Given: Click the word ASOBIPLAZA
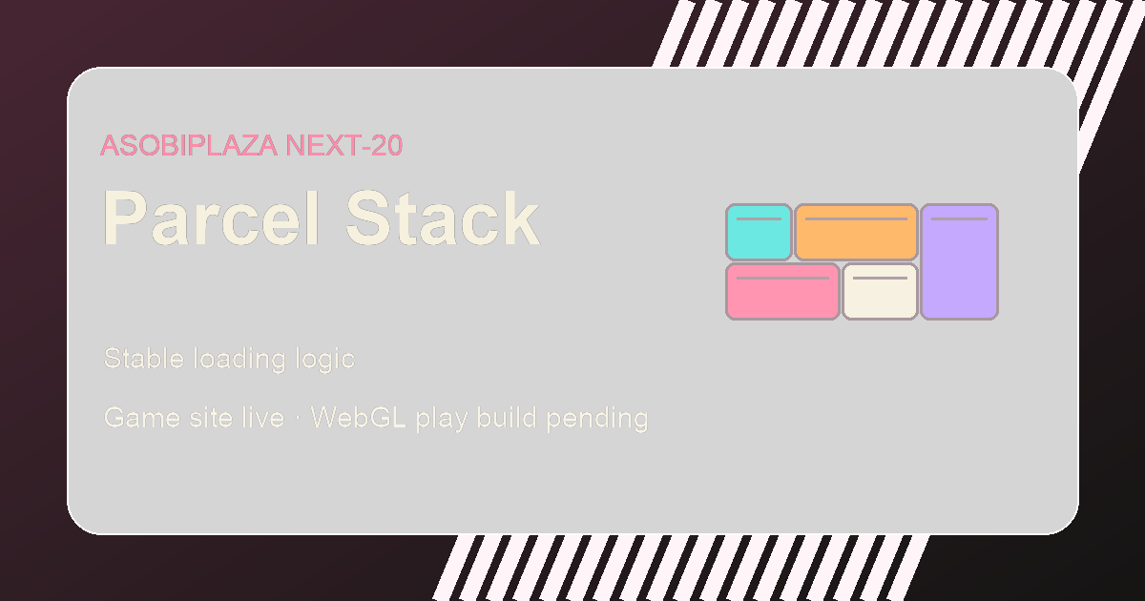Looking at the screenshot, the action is click(189, 146).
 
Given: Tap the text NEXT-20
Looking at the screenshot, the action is click(344, 146).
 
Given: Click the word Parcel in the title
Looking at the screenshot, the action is click(212, 218).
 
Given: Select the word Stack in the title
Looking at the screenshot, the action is click(443, 218).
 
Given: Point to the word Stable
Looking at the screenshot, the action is click(144, 359).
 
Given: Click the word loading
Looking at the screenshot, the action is click(239, 360).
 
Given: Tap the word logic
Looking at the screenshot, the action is click(325, 360).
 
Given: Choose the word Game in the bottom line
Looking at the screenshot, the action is click(142, 418).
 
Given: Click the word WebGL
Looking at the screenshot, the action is click(359, 418).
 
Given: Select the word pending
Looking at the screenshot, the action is click(597, 419).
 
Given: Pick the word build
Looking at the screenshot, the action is click(507, 418).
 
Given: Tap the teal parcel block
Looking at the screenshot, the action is click(760, 232).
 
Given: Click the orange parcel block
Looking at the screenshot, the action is click(856, 232).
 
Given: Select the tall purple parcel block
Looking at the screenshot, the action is click(960, 261).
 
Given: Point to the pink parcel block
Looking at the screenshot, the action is click(782, 291).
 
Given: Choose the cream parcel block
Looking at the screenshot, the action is click(880, 291).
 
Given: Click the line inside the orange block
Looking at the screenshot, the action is click(856, 218).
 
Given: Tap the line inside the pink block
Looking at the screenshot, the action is click(782, 278).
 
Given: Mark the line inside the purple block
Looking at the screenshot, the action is click(960, 218).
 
